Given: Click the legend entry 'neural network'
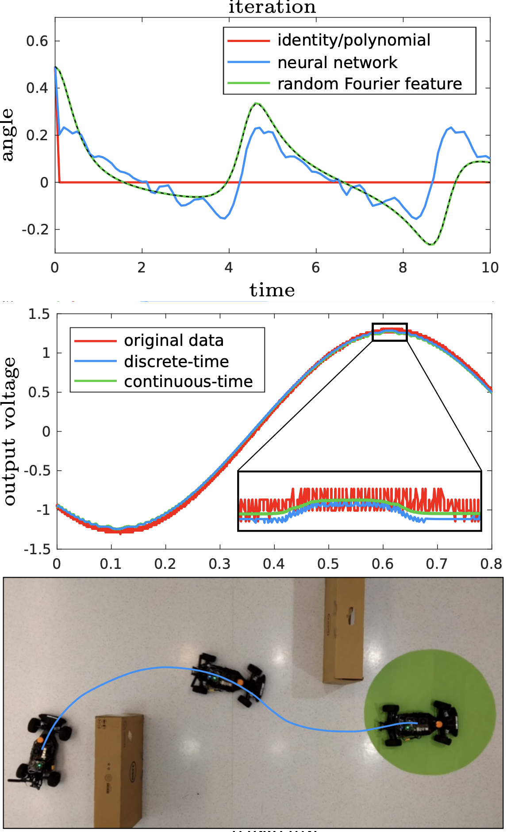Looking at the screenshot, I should coord(337,63).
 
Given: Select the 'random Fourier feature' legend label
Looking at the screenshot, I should coord(369,84).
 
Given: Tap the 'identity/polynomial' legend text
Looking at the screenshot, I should coord(353,40).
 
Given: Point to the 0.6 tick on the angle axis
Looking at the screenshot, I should coord(37,41).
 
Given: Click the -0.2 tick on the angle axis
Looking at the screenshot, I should coord(35,230).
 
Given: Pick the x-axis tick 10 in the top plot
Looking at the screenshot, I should coord(490,268).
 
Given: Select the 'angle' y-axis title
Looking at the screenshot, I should coord(8,135).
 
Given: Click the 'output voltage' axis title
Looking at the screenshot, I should coord(10,431).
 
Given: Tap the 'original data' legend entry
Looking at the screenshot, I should coord(173,341).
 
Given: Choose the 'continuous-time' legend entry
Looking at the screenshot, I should coord(188,382).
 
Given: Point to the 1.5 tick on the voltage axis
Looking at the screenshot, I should coord(39,314).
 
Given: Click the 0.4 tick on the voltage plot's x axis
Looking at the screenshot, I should coord(274,564).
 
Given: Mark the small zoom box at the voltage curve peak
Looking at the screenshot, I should coord(389,332).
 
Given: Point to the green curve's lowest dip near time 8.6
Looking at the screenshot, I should coord(430,244).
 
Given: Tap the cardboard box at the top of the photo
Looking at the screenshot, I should coord(343,628).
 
